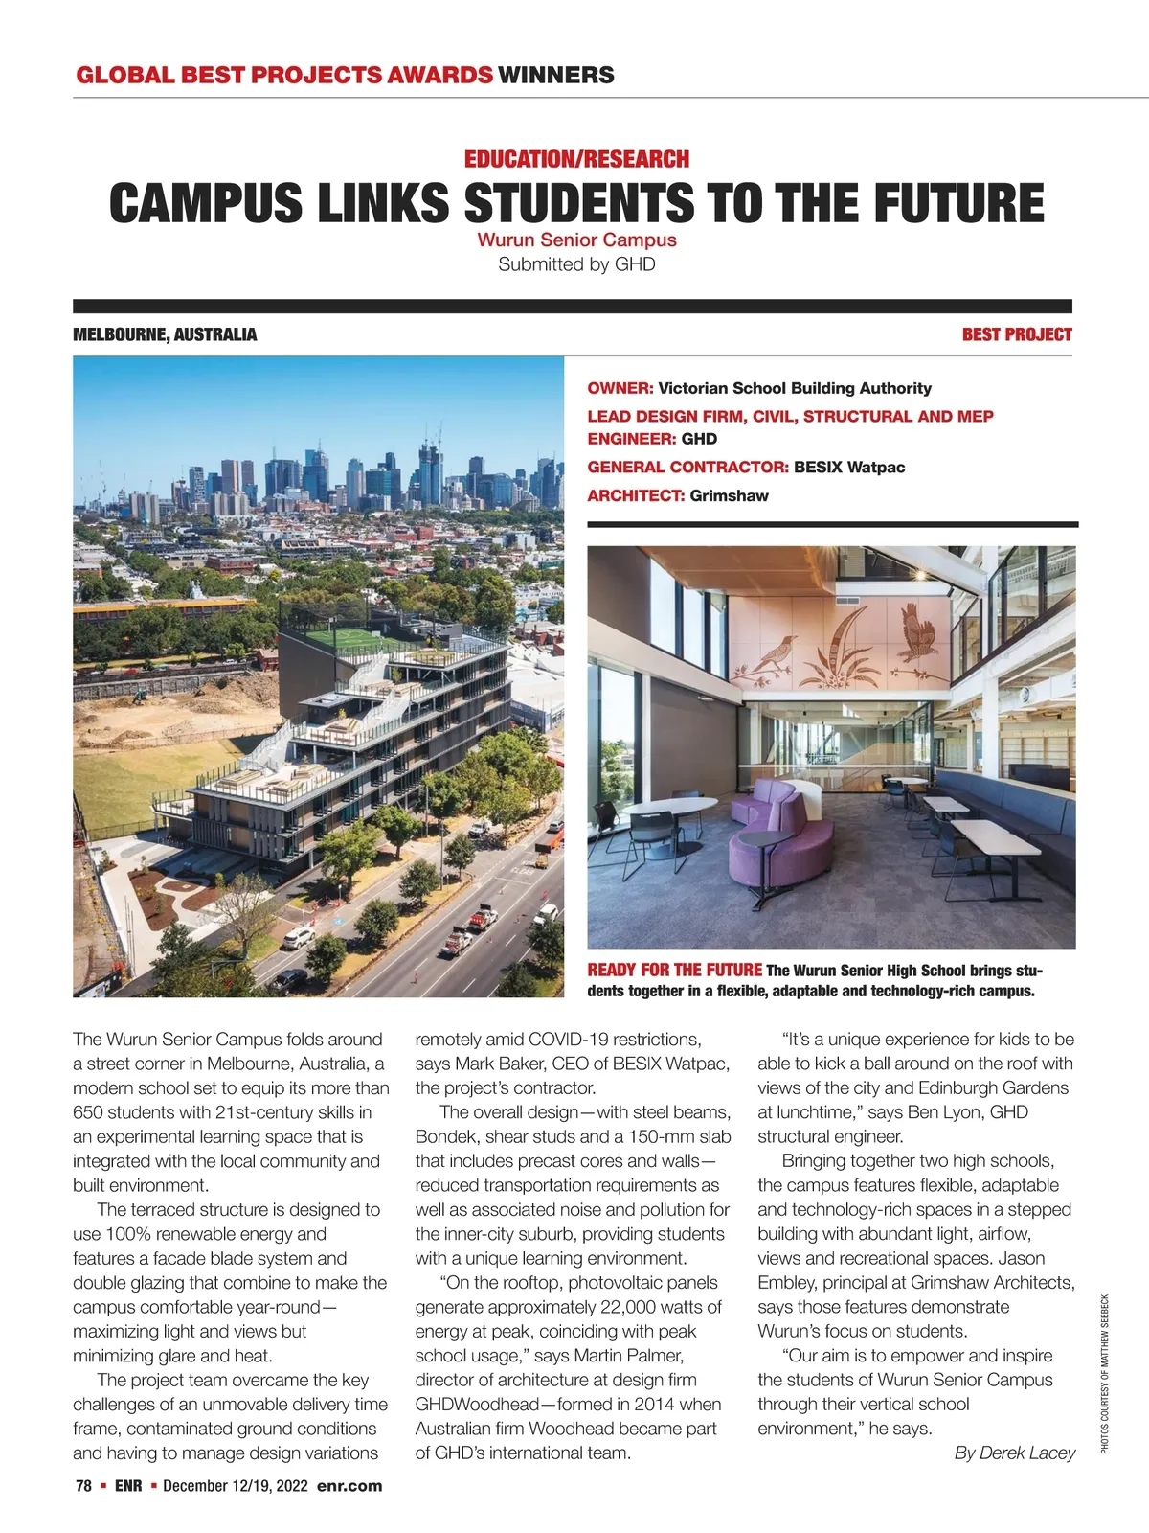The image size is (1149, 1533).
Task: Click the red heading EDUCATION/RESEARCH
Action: pos(576,159)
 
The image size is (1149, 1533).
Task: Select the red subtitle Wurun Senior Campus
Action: pos(576,240)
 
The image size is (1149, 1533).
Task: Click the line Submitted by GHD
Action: pos(576,264)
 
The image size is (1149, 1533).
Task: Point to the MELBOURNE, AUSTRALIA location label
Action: pos(165,334)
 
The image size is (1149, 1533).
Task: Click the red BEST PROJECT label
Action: pos(1017,334)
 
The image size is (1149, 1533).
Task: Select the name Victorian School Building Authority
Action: pos(795,388)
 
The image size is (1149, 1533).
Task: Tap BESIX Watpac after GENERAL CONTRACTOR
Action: pos(849,468)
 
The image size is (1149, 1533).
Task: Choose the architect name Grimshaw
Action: pos(729,496)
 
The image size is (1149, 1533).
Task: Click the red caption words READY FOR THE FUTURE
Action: pos(674,970)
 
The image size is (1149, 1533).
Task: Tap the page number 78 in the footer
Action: pos(83,1486)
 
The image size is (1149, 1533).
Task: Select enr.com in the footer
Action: pos(349,1486)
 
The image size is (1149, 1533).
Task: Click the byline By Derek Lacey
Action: pos(1015,1453)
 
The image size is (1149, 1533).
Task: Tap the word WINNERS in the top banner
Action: pos(556,75)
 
